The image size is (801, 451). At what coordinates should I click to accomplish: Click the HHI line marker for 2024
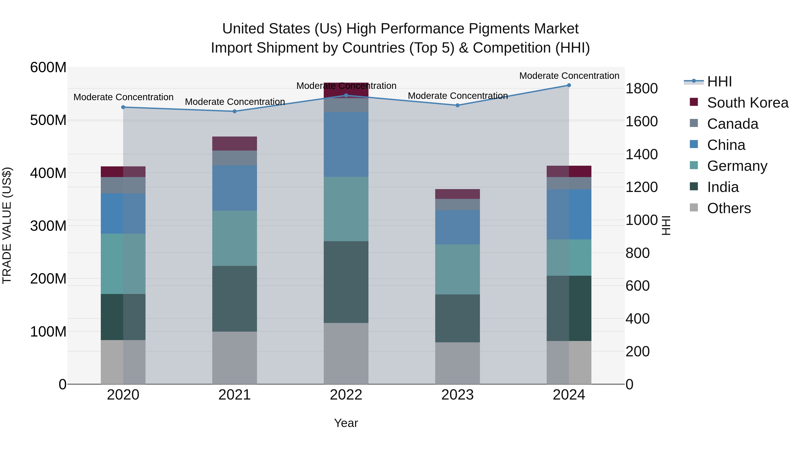[x=569, y=85]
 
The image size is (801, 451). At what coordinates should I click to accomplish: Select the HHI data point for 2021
[x=235, y=111]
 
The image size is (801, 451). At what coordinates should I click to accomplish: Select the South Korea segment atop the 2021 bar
[x=235, y=143]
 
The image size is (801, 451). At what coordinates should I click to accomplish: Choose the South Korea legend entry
[x=748, y=103]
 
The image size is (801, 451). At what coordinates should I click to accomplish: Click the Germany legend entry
[x=737, y=166]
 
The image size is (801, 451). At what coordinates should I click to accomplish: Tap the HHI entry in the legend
[x=719, y=82]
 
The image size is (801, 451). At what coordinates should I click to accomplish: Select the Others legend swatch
[x=694, y=208]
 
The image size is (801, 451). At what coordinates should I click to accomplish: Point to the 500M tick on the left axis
[x=48, y=120]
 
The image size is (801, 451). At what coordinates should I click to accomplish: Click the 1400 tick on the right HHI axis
[x=641, y=154]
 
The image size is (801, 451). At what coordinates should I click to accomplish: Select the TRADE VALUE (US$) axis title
[x=7, y=225]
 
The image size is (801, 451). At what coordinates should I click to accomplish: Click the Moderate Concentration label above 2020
[x=123, y=97]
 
